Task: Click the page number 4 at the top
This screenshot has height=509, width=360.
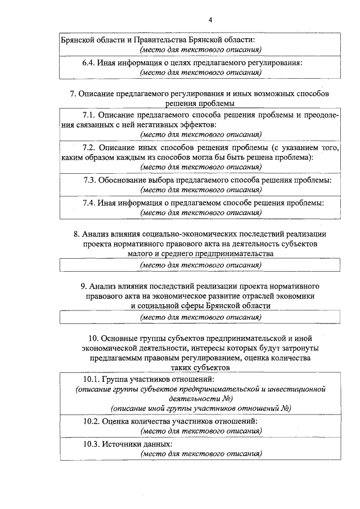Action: tap(210, 20)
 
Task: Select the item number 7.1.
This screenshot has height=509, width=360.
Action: tap(90, 116)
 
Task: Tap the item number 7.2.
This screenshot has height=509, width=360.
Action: tap(90, 148)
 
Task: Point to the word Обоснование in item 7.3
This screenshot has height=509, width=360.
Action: tap(122, 180)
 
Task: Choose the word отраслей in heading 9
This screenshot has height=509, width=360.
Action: tap(257, 295)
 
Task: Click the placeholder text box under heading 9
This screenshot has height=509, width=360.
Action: tap(201, 317)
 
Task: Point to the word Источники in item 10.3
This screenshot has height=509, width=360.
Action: tap(119, 444)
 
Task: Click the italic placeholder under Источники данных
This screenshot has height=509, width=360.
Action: tap(201, 453)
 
